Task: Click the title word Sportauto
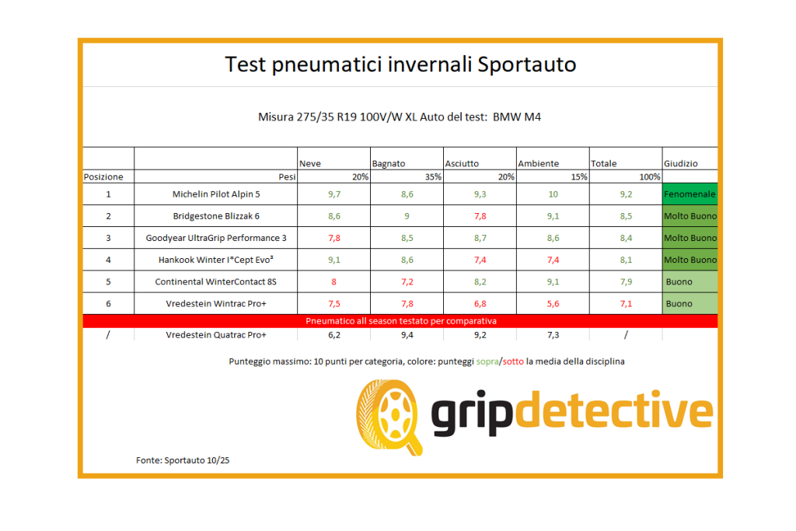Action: tap(527, 64)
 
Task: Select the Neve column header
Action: tap(310, 164)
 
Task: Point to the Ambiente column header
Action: tap(538, 164)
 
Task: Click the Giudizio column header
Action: tap(681, 164)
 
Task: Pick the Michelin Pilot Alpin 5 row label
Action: tap(216, 194)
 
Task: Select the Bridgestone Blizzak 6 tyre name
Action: tap(216, 216)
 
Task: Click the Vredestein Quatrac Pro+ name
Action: tap(216, 335)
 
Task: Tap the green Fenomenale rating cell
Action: tap(690, 194)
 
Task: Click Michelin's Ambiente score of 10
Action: tap(553, 194)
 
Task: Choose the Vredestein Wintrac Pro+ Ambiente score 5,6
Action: tap(553, 304)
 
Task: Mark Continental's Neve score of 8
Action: tap(333, 282)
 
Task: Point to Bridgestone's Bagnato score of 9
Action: tap(406, 216)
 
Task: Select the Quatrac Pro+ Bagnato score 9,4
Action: tap(406, 335)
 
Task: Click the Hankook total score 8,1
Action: tap(626, 260)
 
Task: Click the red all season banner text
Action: tap(401, 320)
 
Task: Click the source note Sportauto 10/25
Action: tap(183, 460)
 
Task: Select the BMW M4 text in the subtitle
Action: tap(522, 117)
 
